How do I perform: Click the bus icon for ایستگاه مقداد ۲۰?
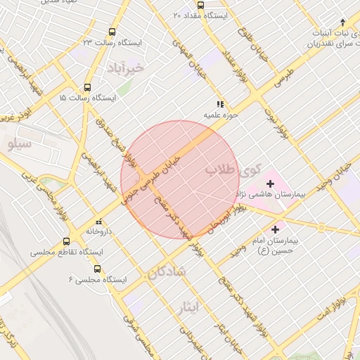point(200,5)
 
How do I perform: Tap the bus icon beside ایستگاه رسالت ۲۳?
point(112,32)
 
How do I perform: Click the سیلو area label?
point(20,145)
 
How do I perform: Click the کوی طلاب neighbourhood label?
point(233,169)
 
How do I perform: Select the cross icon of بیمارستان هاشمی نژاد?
point(271,184)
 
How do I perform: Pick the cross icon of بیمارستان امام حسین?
point(275,229)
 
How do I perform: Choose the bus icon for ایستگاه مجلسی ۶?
point(96,269)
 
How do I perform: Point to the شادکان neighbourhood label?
point(167,271)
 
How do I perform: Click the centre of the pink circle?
point(180,180)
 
